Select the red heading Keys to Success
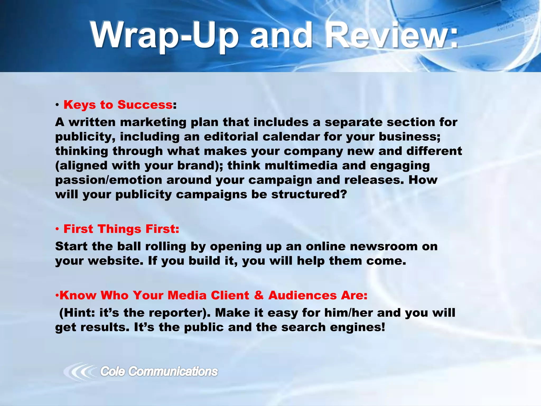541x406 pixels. [x=118, y=105]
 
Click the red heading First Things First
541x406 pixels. [x=121, y=229]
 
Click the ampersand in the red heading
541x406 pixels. [x=259, y=295]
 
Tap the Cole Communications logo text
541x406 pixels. [x=159, y=371]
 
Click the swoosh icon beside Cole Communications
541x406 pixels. [x=79, y=372]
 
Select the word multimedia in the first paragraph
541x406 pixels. [x=301, y=166]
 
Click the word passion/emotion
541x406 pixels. [x=108, y=180]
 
